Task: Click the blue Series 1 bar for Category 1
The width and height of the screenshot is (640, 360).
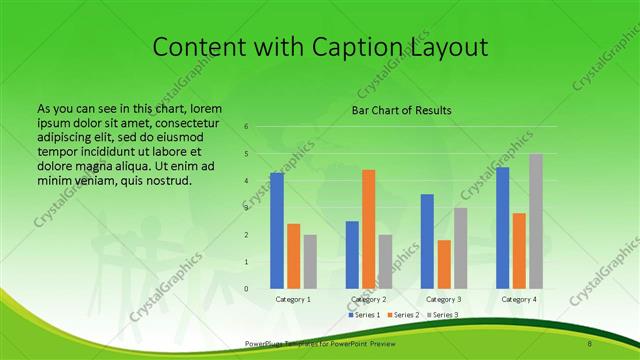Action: pyautogui.click(x=277, y=231)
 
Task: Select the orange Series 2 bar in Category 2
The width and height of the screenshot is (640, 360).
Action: pyautogui.click(x=369, y=229)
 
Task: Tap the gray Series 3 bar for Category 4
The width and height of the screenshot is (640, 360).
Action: pyautogui.click(x=536, y=221)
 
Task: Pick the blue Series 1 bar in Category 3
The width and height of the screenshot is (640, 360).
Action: pyautogui.click(x=427, y=241)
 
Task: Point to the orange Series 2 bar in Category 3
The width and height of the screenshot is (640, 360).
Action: pyautogui.click(x=444, y=264)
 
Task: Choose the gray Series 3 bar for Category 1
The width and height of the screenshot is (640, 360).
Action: pyautogui.click(x=310, y=261)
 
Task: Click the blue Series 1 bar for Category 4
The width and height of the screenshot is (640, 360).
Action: pyautogui.click(x=502, y=228)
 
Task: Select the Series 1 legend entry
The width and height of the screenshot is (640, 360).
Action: pyautogui.click(x=365, y=315)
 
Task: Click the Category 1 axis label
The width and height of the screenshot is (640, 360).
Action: pyautogui.click(x=293, y=299)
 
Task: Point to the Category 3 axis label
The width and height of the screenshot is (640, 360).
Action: pyautogui.click(x=443, y=299)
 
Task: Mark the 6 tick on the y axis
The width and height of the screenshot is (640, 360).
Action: pyautogui.click(x=246, y=127)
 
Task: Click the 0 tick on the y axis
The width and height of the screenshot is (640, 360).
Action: pyautogui.click(x=246, y=289)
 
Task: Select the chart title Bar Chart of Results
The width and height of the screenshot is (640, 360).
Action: pyautogui.click(x=401, y=110)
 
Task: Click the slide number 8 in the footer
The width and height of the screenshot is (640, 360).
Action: pyautogui.click(x=590, y=344)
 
